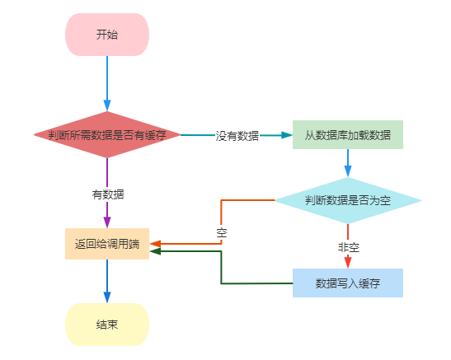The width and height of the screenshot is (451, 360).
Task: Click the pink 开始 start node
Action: (107, 35)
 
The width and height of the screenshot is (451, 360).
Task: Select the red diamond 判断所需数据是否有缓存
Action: (107, 135)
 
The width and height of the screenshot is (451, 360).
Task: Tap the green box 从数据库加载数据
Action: (347, 135)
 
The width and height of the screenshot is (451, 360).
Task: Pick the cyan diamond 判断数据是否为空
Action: (347, 200)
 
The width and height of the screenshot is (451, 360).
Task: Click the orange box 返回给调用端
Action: (107, 244)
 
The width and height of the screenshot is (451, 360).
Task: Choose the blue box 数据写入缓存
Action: (347, 283)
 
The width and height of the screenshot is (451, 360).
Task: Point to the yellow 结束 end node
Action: (107, 324)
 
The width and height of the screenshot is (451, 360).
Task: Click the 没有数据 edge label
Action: (237, 136)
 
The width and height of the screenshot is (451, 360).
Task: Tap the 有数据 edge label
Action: (107, 194)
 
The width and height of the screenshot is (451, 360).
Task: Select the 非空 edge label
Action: (348, 247)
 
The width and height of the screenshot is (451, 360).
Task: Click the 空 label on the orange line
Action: (221, 232)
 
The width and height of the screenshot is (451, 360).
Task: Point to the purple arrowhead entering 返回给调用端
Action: (107, 222)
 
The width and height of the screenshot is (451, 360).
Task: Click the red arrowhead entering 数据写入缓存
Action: (347, 263)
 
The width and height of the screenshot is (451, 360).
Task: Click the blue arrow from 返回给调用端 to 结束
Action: (107, 281)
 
